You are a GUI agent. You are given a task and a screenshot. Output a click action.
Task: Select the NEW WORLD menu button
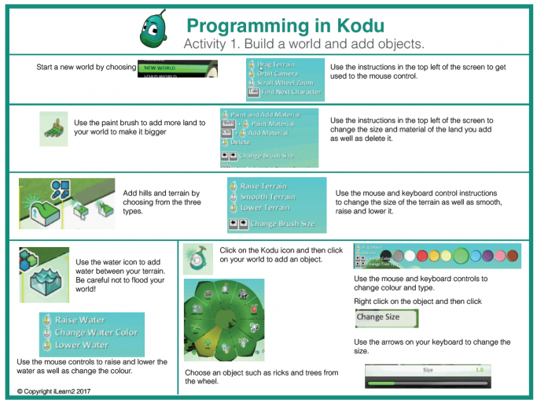[x=162, y=68]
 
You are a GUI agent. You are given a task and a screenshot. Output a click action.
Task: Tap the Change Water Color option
[x=95, y=332]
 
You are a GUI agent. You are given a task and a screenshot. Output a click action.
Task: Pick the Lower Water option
[x=81, y=345]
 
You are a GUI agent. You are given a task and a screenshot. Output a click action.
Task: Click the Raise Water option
[x=80, y=320]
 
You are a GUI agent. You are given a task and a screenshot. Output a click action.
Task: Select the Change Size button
[x=386, y=318]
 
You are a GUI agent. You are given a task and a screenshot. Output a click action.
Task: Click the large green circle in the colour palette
[x=462, y=255]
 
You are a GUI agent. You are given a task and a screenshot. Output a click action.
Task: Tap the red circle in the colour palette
[x=424, y=256]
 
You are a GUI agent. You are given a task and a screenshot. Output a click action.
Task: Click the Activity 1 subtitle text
[x=303, y=43]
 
